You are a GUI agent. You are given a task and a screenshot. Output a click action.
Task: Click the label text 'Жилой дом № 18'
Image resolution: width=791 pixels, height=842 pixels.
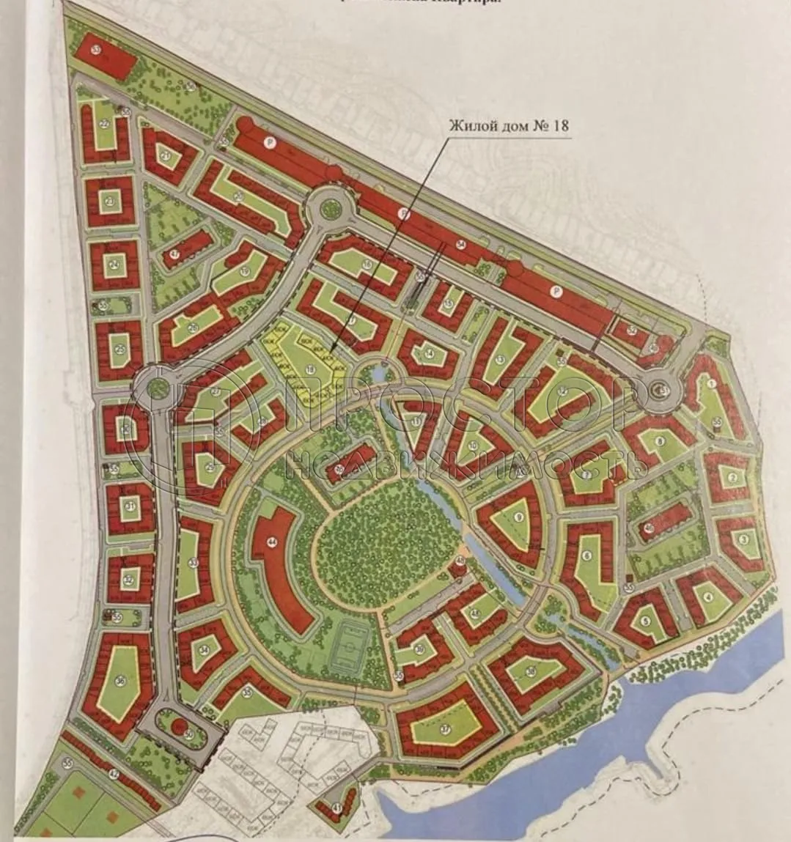tap(509, 126)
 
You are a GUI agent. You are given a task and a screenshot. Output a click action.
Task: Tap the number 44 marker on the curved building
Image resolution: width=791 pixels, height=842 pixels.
tap(272, 542)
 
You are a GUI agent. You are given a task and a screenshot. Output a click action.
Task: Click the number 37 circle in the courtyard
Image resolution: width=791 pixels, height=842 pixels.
tap(445, 729)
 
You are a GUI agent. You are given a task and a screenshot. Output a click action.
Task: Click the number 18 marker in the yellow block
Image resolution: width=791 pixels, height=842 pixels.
tap(311, 369)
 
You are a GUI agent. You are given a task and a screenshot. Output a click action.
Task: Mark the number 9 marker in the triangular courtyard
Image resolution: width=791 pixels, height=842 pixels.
tap(519, 518)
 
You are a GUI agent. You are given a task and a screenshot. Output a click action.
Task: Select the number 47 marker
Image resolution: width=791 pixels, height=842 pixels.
tap(174, 254)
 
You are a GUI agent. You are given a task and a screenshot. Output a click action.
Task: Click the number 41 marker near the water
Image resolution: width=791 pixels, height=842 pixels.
tap(337, 808)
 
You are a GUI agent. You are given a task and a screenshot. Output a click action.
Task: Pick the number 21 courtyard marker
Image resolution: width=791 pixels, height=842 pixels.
tap(166, 156)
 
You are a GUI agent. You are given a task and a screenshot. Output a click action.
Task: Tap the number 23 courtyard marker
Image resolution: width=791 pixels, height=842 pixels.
tap(110, 201)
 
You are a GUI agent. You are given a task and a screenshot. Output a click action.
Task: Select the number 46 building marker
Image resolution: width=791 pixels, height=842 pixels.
tap(649, 528)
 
